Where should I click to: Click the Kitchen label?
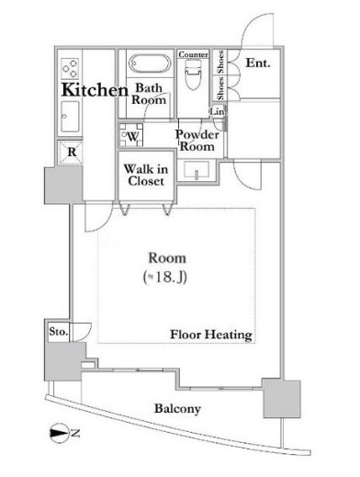[95, 90]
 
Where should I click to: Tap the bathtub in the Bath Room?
[150, 63]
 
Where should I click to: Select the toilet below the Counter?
[193, 74]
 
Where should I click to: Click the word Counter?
[193, 54]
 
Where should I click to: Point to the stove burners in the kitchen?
[70, 69]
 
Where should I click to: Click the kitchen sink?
[70, 117]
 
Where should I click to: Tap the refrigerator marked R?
[71, 153]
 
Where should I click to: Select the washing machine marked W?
[131, 135]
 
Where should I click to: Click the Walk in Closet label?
[146, 175]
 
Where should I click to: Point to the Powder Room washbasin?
[197, 170]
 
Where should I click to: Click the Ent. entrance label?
[258, 63]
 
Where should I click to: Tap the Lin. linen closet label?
[218, 112]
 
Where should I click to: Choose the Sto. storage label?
[58, 332]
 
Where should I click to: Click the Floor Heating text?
[211, 335]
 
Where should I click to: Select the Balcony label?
[177, 408]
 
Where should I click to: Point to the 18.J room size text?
[165, 278]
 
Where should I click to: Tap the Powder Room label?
[197, 141]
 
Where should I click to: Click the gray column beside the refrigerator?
[63, 185]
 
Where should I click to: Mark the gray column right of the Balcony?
[282, 398]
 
